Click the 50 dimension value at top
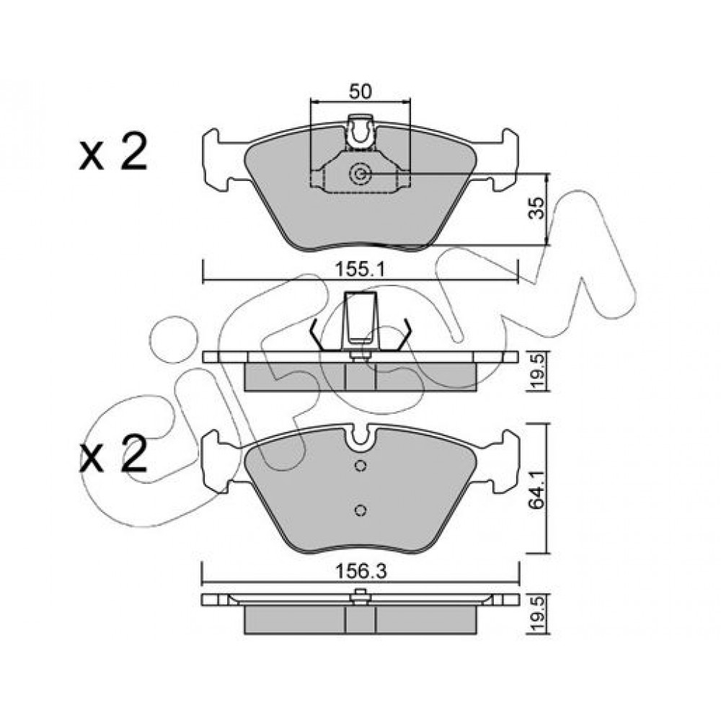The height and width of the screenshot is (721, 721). (360, 92)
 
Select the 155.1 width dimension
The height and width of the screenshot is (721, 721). (360, 269)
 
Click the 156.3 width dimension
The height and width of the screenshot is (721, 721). (361, 572)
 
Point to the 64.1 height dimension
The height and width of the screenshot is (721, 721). (536, 488)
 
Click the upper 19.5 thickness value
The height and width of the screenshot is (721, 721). (537, 371)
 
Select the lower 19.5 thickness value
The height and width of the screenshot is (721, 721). (537, 613)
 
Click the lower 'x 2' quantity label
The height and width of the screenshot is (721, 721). (113, 453)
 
